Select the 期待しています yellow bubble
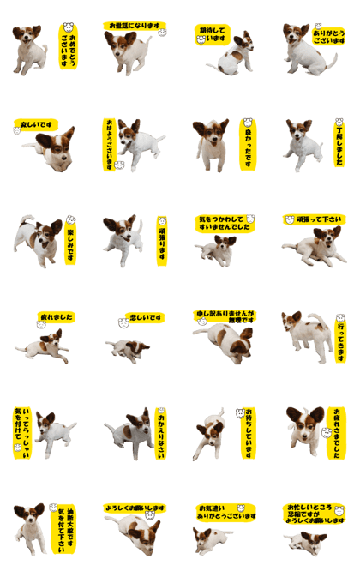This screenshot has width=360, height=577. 213,35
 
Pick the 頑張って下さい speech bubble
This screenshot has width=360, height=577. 315,219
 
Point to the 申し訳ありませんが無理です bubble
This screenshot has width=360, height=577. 224,316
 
